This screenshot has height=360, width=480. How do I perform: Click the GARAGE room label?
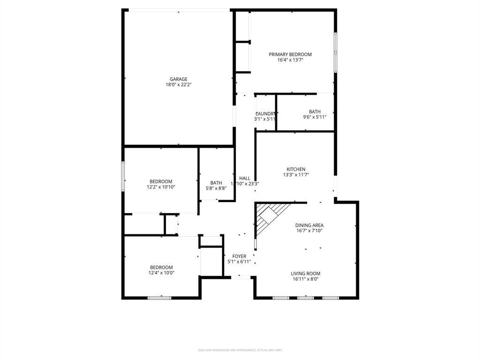[178, 79]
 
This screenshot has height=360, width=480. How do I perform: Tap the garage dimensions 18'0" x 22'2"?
[178, 85]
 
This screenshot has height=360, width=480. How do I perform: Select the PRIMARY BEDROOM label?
[290, 54]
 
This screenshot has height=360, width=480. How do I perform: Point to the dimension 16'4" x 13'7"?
[290, 60]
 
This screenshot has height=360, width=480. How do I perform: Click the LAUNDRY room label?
[265, 114]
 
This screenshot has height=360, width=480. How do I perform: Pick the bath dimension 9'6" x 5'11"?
[315, 117]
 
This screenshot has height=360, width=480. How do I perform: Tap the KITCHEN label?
[296, 169]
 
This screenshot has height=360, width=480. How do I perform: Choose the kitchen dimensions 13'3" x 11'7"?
[296, 175]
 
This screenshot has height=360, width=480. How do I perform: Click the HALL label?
[245, 178]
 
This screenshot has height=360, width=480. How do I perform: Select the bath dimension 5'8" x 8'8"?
[216, 188]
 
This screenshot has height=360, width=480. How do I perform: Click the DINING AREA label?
[309, 225]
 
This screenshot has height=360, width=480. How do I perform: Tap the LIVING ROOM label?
[305, 273]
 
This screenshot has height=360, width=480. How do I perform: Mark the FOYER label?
[239, 256]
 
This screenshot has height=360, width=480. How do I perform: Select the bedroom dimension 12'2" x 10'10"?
[161, 187]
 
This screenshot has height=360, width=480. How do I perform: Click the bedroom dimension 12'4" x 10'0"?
[161, 273]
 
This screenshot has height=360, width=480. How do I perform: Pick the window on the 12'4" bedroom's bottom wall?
[160, 297]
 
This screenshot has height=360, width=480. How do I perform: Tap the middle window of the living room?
[305, 297]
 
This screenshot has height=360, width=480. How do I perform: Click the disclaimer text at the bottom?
[240, 350]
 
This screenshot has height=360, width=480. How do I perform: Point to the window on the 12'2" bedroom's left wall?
[123, 176]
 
